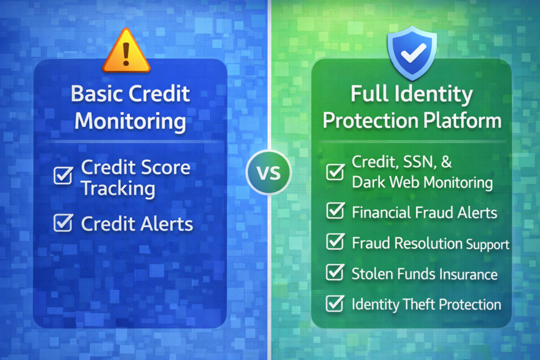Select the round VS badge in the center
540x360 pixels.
coord(269,172)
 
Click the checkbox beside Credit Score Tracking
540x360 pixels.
coord(63,176)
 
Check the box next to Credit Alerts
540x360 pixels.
coord(63,223)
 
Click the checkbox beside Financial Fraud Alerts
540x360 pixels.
coord(335,211)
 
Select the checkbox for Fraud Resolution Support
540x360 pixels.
coord(335,242)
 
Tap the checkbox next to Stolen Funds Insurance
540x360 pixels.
coord(335,273)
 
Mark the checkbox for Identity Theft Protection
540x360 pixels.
coord(335,303)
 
